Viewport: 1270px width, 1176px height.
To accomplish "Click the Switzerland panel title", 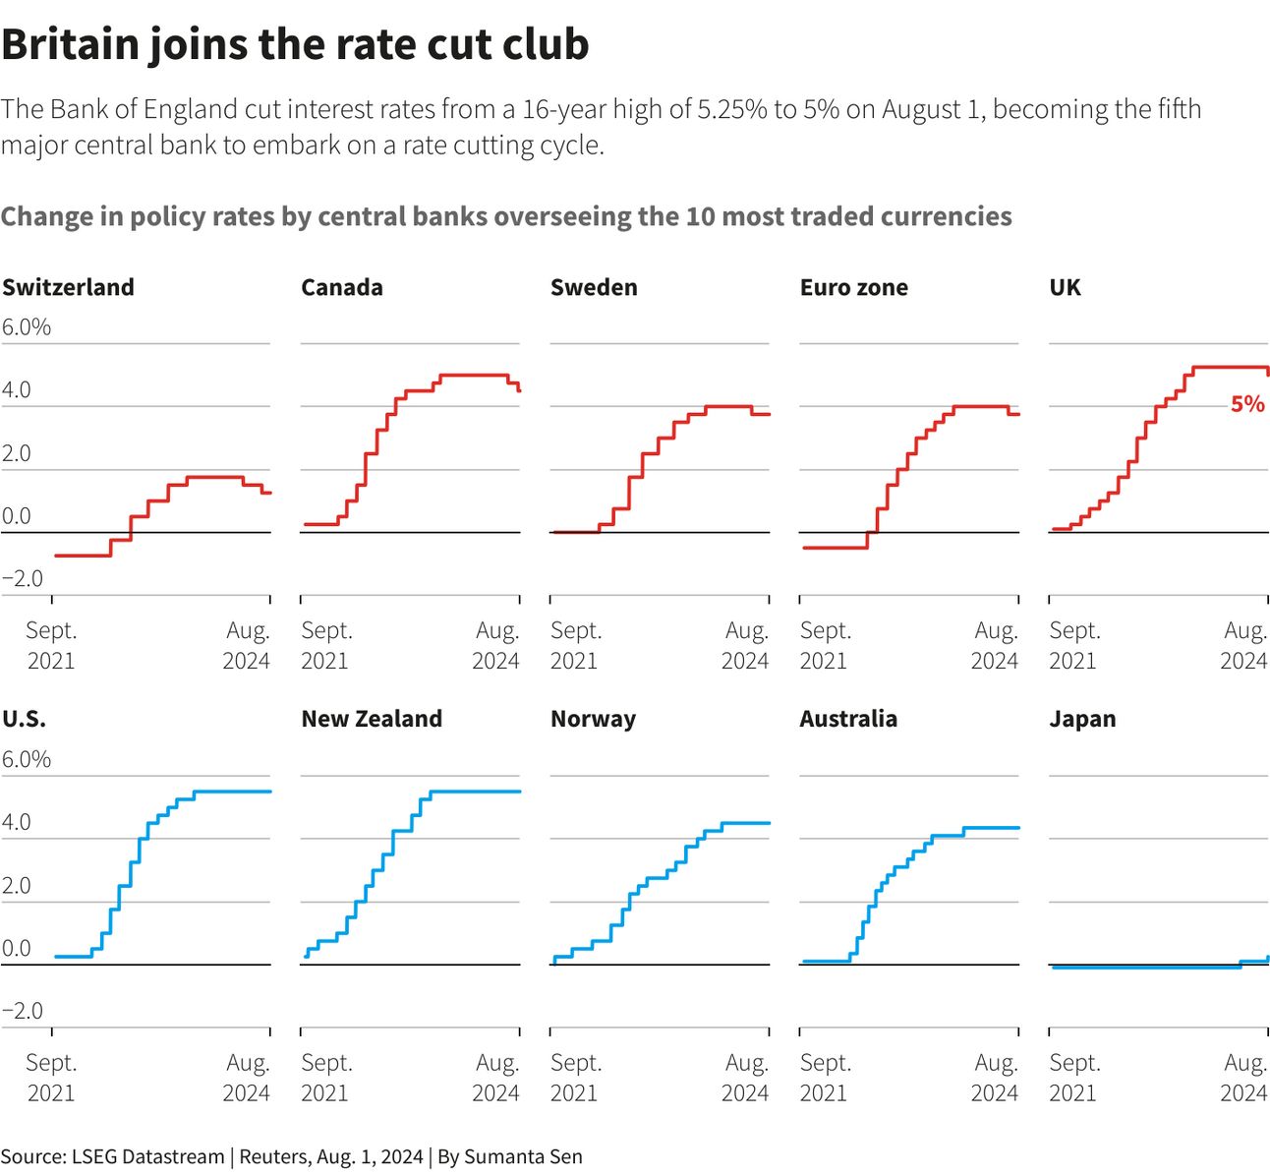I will [68, 287].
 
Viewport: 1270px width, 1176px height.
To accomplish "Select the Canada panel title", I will [341, 287].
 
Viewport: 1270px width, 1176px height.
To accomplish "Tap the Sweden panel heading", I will [594, 287].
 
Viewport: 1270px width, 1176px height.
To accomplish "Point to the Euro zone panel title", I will [853, 287].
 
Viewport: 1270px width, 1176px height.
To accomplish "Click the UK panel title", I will [1065, 287].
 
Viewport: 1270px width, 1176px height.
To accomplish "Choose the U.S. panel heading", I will [24, 719].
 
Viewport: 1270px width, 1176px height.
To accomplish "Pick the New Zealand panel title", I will [372, 719].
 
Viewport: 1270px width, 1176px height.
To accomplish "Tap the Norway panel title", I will [593, 719].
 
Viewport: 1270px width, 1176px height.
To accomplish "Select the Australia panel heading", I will [848, 719].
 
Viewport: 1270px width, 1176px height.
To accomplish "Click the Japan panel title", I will [1082, 719].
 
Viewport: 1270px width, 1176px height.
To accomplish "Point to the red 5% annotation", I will [1247, 404].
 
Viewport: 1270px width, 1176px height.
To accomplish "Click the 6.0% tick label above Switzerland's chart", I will [27, 327].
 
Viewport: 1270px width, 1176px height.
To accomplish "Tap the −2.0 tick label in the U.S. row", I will [23, 1011].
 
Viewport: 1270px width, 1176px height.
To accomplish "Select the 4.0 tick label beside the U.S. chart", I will [17, 822].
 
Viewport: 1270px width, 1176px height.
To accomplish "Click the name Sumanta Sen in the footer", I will [523, 1156].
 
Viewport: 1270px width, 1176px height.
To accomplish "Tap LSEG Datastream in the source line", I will [147, 1156].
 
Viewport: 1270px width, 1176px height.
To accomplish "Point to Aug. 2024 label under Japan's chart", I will [1244, 1077].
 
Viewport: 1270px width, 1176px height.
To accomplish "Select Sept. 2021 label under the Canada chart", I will [326, 645].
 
